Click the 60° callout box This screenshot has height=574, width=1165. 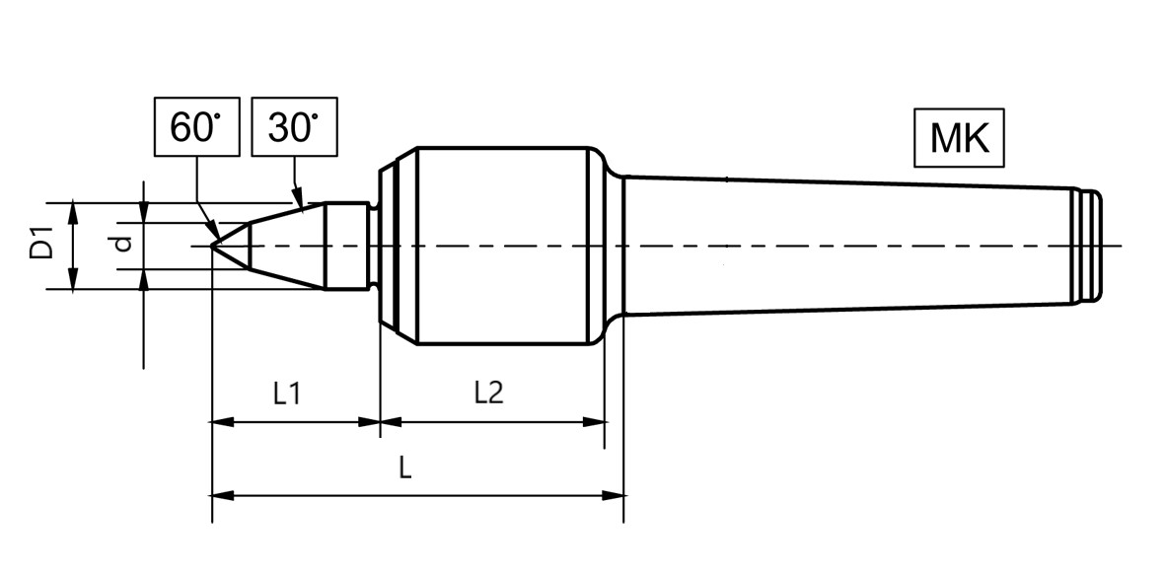[x=197, y=126]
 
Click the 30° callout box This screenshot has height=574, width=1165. [x=294, y=126]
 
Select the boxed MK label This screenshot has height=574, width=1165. [x=959, y=138]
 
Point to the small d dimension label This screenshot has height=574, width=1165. [x=124, y=244]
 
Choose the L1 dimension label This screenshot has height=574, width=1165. [x=286, y=394]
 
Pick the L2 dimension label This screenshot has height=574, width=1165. [x=488, y=394]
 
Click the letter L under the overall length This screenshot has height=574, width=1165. [x=404, y=468]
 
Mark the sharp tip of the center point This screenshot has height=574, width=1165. [x=212, y=245]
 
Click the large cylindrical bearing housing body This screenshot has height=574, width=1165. [x=503, y=246]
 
